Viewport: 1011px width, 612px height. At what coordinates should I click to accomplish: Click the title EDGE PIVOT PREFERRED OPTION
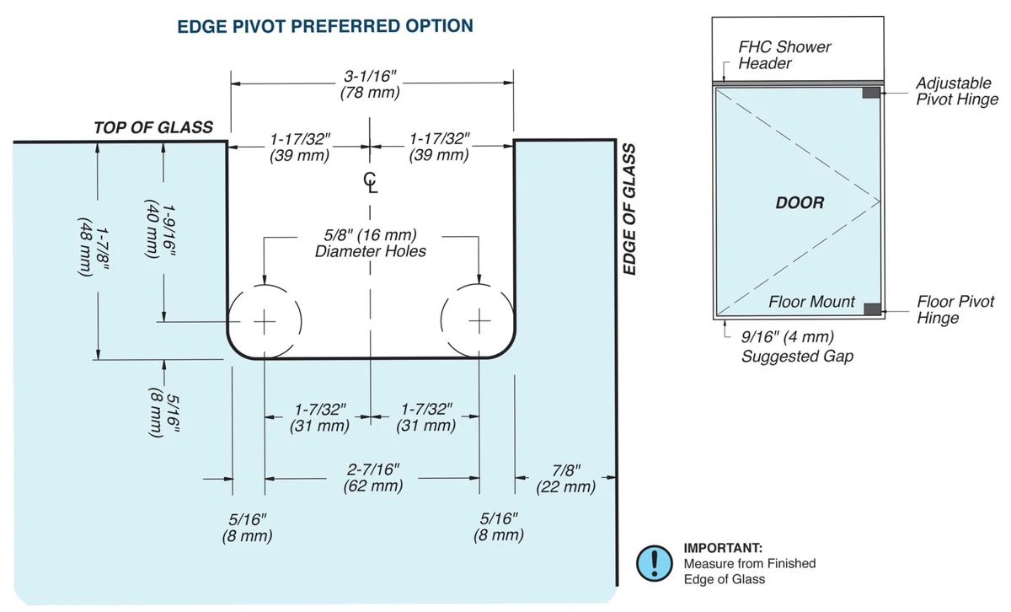(x=324, y=26)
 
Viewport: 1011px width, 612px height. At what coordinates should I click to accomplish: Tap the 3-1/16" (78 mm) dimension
(x=371, y=83)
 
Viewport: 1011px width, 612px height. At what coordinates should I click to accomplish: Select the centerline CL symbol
(x=371, y=181)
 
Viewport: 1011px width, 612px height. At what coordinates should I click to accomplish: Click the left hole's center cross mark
(x=265, y=321)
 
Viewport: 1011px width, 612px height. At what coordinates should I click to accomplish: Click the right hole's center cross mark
(x=479, y=321)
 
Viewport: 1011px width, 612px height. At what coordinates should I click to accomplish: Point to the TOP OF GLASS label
(x=153, y=127)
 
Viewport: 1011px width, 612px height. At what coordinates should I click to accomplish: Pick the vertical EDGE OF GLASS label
(x=629, y=209)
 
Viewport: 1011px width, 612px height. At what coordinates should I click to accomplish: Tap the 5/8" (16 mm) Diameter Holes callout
(x=371, y=243)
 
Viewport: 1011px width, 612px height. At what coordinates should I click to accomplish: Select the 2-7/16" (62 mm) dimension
(x=372, y=478)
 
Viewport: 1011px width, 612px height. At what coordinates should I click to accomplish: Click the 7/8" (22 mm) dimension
(x=565, y=479)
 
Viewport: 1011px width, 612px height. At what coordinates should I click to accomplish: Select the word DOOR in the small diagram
(x=799, y=202)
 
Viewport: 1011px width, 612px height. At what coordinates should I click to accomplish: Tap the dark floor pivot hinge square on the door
(x=871, y=309)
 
